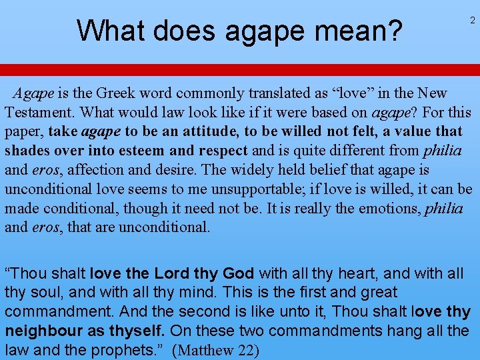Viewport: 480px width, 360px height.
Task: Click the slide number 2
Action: [x=473, y=21]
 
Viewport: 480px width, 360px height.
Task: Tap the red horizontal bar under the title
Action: [x=240, y=70]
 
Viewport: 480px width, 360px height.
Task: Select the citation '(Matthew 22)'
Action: [x=215, y=349]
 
